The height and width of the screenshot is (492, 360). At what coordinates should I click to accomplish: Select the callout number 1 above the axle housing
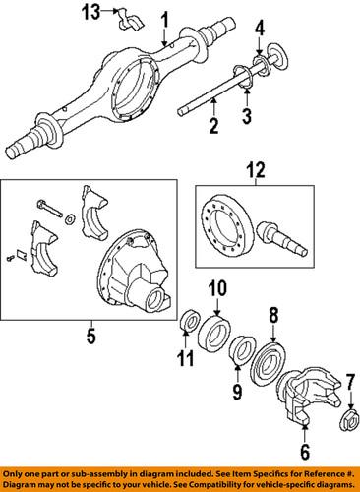pyautogui.click(x=165, y=20)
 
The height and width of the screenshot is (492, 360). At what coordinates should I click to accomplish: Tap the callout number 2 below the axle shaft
pyautogui.click(x=213, y=125)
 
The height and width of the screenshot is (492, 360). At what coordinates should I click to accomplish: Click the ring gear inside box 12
pyautogui.click(x=231, y=233)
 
